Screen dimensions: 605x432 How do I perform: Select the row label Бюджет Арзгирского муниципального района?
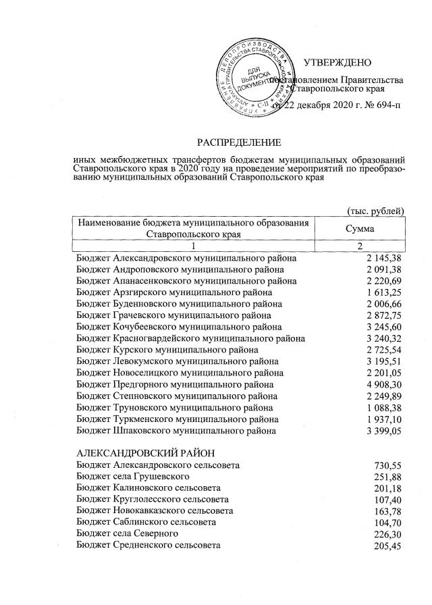click(x=175, y=292)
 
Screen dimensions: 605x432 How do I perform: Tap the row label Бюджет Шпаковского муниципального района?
click(x=177, y=430)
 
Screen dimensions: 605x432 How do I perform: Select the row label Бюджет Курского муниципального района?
click(x=167, y=350)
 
